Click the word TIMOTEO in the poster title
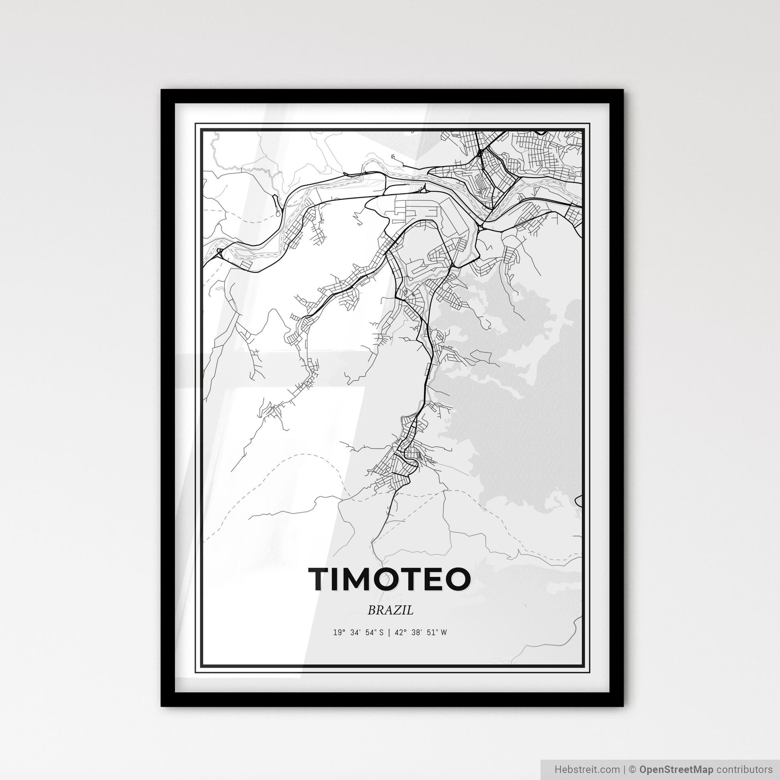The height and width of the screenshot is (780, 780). tap(390, 579)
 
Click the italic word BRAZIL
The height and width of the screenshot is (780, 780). tap(390, 610)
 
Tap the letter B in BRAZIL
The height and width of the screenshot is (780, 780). tap(372, 610)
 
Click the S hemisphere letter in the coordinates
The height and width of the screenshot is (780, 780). tap(381, 632)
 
